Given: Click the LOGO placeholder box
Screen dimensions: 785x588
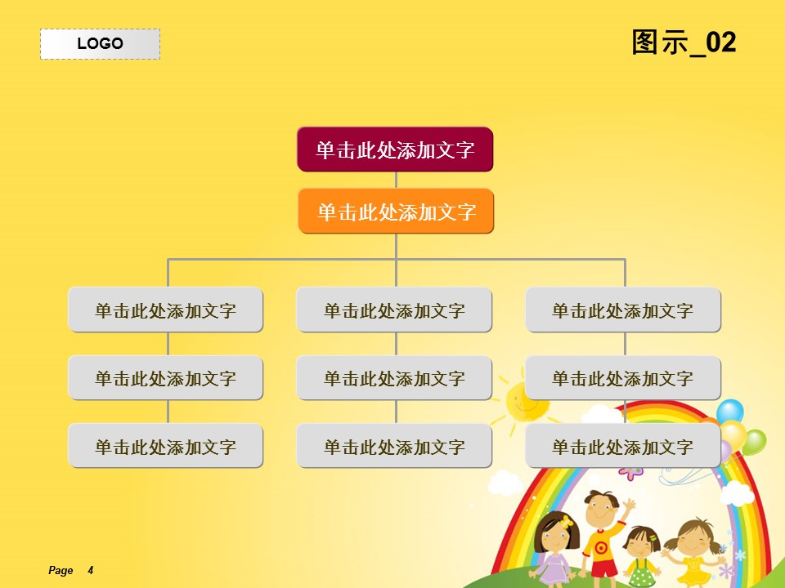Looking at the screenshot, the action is [x=100, y=44].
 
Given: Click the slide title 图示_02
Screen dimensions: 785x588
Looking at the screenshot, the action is [x=684, y=42].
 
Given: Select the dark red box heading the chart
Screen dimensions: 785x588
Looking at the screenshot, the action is [x=395, y=149].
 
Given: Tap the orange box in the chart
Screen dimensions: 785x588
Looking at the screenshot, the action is [x=396, y=211].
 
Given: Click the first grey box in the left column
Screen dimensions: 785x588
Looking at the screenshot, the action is [x=166, y=310].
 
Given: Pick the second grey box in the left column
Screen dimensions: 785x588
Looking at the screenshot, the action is [x=166, y=377].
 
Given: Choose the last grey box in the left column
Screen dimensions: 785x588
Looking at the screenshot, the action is [x=166, y=446].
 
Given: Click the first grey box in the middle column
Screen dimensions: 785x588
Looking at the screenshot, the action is [x=394, y=310].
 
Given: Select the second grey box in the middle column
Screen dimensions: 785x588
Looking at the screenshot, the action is [x=394, y=377].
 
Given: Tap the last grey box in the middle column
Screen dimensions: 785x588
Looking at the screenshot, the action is [x=394, y=446].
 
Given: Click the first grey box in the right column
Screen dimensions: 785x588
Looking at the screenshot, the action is [x=623, y=310].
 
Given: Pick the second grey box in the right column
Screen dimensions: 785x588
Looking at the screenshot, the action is [x=623, y=377].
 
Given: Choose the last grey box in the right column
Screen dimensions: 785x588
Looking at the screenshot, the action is [x=623, y=446].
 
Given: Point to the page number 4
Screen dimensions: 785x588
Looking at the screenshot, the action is [x=91, y=570].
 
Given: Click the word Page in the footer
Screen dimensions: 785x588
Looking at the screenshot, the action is [x=61, y=571].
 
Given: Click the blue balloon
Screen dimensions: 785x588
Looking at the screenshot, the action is [x=730, y=411].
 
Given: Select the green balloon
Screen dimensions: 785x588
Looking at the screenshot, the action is [x=754, y=443].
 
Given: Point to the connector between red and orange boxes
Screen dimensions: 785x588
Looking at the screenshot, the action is [x=396, y=180].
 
